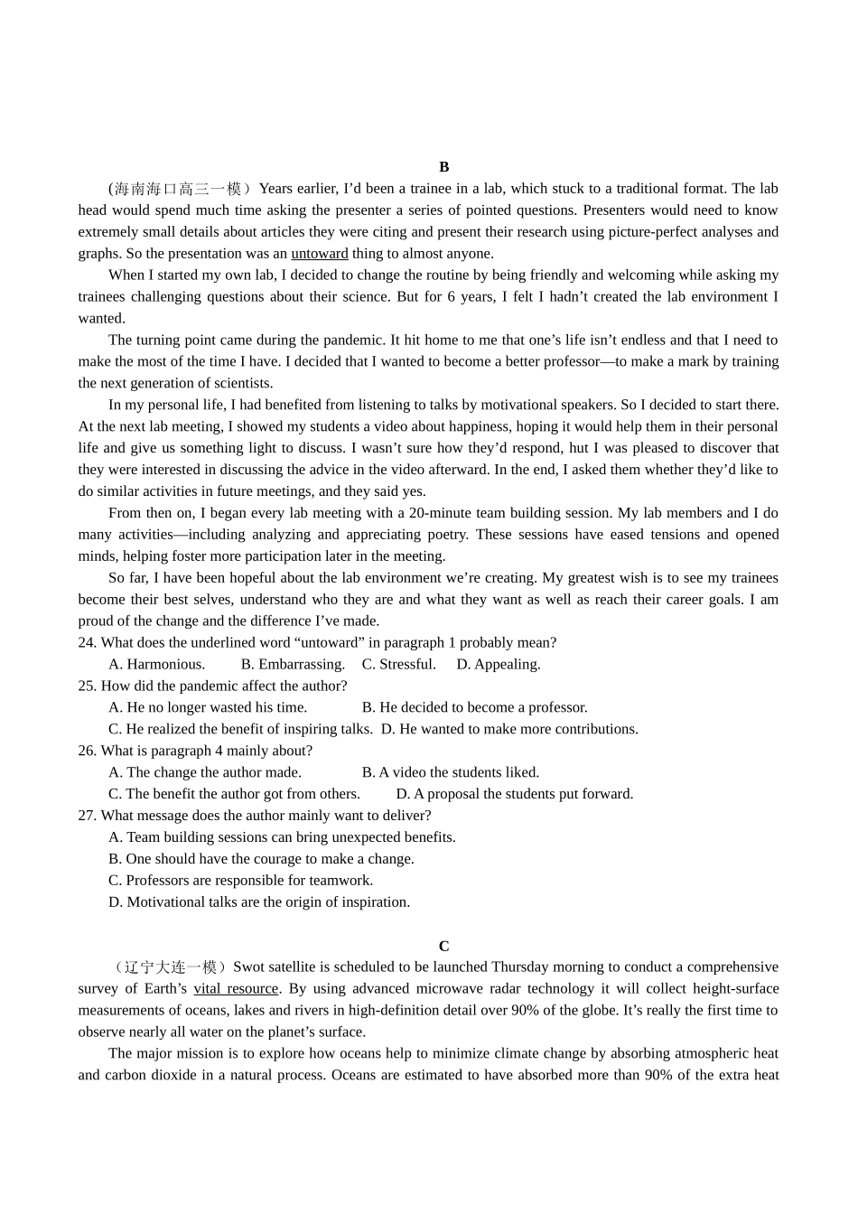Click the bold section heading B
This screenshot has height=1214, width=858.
click(443, 167)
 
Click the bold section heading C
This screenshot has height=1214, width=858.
click(443, 946)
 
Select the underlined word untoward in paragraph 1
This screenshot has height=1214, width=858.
click(319, 254)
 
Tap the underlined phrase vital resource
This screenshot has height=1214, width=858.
click(236, 989)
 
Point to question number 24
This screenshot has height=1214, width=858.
click(87, 642)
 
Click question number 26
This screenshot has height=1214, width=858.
click(87, 751)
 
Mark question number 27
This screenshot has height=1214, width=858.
click(87, 816)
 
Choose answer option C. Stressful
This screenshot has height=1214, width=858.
click(398, 664)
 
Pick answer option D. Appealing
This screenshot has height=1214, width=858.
click(498, 664)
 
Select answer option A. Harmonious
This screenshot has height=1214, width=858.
click(156, 664)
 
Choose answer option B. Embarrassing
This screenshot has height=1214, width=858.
click(293, 664)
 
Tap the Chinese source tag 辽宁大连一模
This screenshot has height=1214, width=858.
click(171, 967)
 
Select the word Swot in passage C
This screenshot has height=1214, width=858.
click(248, 967)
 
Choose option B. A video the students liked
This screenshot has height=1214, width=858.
click(450, 772)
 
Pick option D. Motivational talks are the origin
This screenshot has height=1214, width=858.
click(258, 902)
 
